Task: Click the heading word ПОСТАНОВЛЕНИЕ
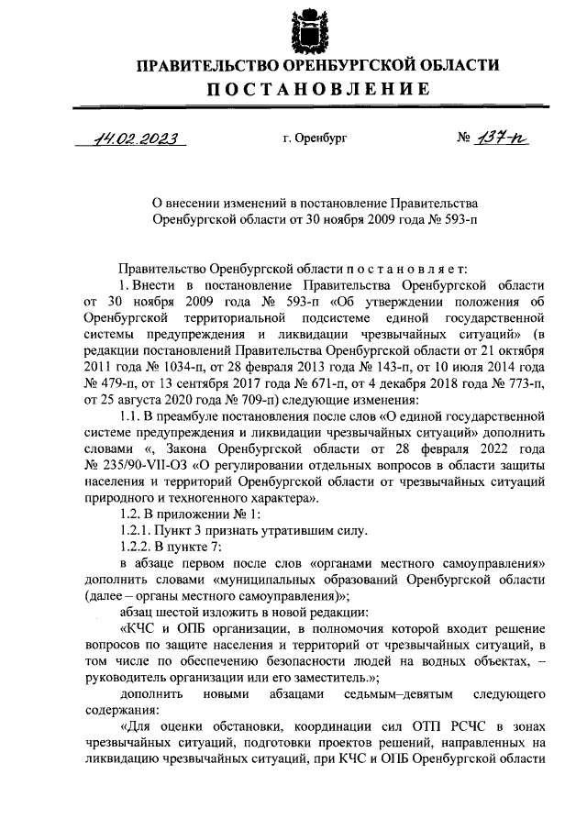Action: [x=316, y=88]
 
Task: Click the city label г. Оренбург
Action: [x=316, y=139]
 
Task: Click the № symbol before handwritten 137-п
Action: [x=463, y=139]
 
